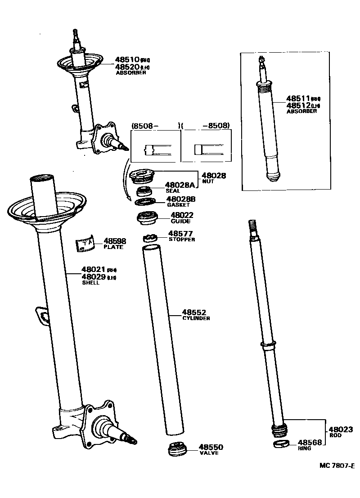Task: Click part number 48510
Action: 126,59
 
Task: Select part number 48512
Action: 298,105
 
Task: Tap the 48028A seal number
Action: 180,185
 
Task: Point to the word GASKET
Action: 178,205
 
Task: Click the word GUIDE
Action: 180,222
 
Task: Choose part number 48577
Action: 180,234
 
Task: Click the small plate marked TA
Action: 85,244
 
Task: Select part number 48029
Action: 93,277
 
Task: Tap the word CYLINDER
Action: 196,318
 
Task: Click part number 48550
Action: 211,447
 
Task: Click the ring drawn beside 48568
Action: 282,445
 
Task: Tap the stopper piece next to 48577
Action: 149,236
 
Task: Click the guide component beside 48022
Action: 148,218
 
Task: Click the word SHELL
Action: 90,283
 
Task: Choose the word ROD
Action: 335,436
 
